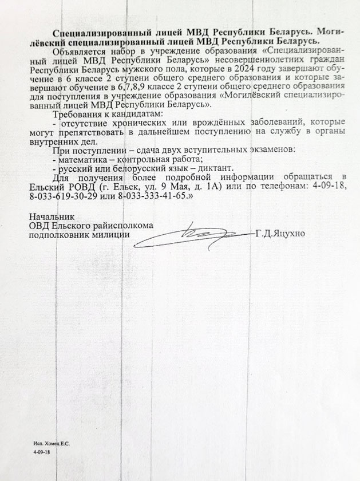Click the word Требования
(x=74, y=113)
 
